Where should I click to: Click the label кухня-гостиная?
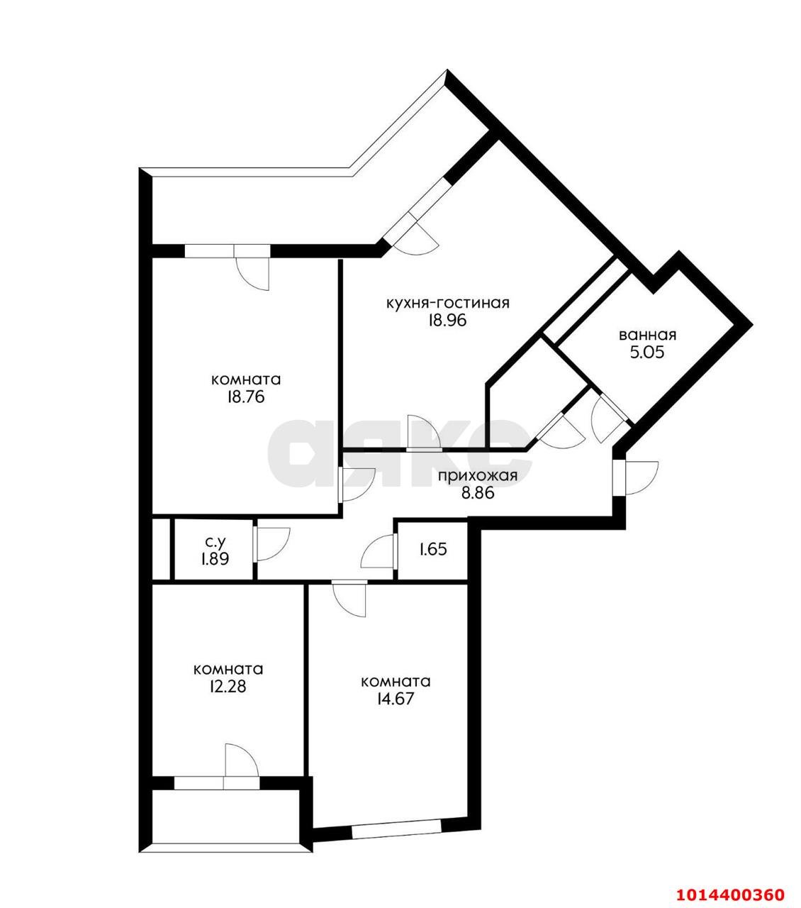tap(447, 303)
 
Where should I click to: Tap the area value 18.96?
tap(447, 320)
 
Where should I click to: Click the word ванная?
tap(647, 335)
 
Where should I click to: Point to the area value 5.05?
tap(647, 352)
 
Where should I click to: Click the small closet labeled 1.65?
tap(432, 549)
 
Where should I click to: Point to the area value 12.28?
tap(228, 686)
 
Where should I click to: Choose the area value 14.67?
tap(396, 698)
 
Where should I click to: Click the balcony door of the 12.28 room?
tap(240, 765)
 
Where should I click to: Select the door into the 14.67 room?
tap(349, 597)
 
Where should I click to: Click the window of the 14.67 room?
tap(396, 829)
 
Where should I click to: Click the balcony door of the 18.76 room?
tap(254, 270)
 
